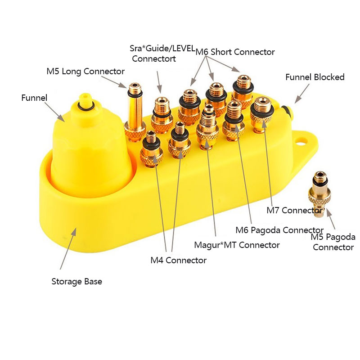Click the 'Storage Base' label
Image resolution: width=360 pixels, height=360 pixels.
point(76,282)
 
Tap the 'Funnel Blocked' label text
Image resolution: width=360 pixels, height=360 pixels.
point(315,77)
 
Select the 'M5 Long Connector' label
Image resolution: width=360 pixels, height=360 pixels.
point(85,72)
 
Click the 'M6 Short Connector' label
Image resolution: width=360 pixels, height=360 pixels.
point(235,52)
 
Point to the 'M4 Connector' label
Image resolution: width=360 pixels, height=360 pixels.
point(179,260)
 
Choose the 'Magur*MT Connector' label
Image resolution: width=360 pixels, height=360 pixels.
point(237,245)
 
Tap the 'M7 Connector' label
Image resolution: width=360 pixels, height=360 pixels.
point(294,210)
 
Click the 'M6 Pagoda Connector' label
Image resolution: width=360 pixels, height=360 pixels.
point(279,230)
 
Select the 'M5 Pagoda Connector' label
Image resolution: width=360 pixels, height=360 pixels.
point(333,242)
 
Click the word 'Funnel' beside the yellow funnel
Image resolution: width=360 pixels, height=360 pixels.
point(34,97)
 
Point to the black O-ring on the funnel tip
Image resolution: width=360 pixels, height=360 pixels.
point(84,106)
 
